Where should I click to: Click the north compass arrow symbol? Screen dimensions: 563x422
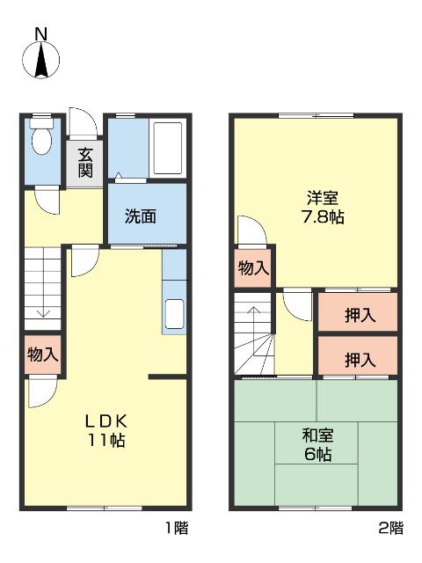tap(40, 62)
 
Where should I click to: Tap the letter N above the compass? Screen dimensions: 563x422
tap(40, 34)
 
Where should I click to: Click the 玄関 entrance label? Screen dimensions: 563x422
tap(84, 162)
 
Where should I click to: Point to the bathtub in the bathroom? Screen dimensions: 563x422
tap(167, 147)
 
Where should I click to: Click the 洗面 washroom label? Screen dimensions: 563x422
tap(140, 216)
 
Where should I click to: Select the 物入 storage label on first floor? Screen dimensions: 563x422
tap(42, 355)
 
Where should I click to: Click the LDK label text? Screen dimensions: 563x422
tap(105, 420)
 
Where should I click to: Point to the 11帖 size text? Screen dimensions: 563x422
tap(105, 440)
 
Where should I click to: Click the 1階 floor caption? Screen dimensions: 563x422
tap(175, 529)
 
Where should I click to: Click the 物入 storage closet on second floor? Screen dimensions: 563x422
tap(253, 268)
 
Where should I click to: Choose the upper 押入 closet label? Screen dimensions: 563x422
tap(359, 314)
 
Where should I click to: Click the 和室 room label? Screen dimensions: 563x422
tap(316, 435)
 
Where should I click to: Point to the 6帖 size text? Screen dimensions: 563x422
tap(316, 455)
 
